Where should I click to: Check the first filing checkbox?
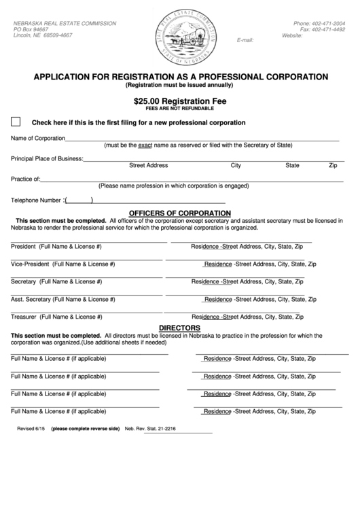pos(16,122)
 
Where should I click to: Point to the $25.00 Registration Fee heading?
pos(180,101)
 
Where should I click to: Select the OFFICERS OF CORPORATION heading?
pos(180,213)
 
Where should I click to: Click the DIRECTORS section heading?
pos(179,328)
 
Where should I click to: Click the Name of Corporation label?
pos(37,138)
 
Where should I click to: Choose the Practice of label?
pos(26,179)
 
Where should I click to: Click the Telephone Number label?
pos(36,200)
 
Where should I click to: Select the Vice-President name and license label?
pos(62,264)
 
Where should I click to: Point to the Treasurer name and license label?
pos(56,317)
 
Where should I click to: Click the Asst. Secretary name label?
pos(62,299)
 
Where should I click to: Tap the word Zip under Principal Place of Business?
pos(333,165)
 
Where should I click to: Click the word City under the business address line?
pos(236,165)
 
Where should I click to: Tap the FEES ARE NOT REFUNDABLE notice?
pos(180,109)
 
